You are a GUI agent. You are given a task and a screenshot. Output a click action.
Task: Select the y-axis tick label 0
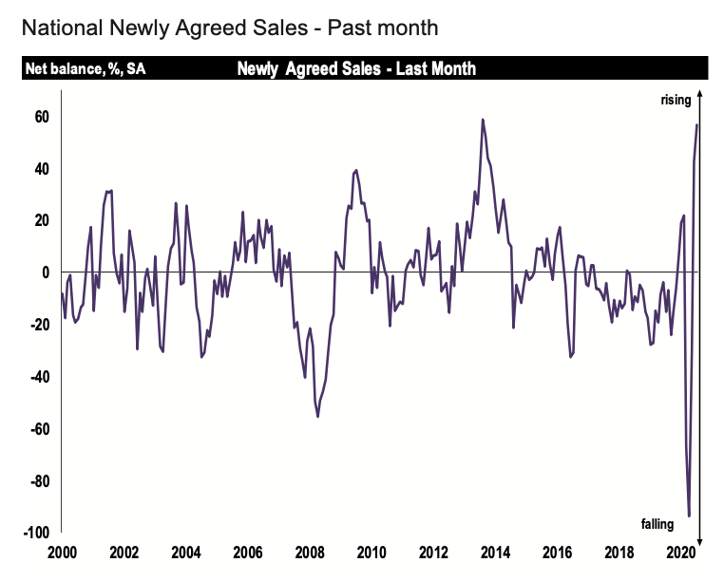click(45, 272)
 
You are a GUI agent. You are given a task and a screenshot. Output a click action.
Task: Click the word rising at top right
click(676, 101)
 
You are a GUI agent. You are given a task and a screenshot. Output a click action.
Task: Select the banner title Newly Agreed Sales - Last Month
click(355, 69)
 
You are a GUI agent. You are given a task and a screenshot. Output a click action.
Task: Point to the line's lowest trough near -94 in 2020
click(689, 515)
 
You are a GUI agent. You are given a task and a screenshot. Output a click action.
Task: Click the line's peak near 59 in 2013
click(483, 120)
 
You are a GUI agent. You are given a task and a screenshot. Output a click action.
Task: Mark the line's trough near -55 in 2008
click(317, 416)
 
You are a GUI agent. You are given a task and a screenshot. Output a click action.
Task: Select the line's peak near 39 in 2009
click(356, 171)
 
